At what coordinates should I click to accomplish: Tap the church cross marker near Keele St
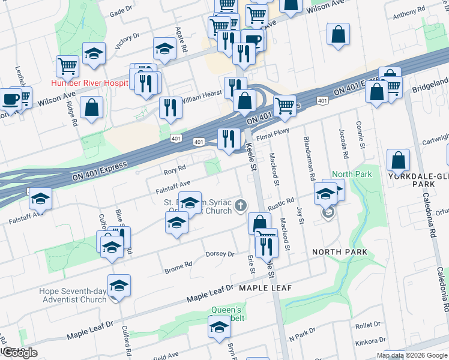click(x=241, y=206)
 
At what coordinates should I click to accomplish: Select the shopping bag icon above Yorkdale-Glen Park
click(x=398, y=161)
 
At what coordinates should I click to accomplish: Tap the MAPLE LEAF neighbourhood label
click(x=265, y=288)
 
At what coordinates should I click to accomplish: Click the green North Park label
click(x=352, y=175)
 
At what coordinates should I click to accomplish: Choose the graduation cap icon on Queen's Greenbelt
click(x=219, y=328)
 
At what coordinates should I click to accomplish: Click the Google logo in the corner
click(x=19, y=352)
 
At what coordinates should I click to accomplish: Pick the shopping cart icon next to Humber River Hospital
click(x=68, y=65)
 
